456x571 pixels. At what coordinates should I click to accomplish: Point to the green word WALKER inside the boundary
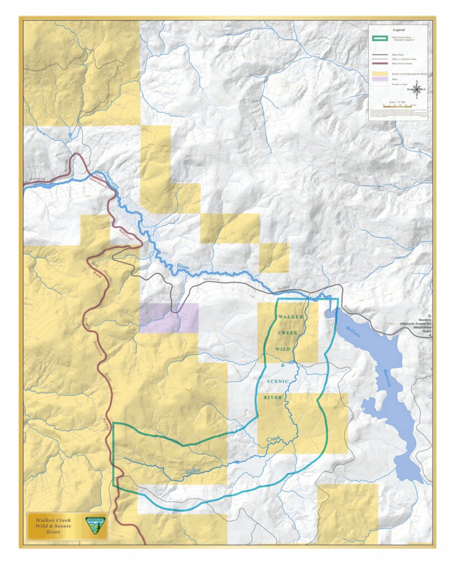point(291,316)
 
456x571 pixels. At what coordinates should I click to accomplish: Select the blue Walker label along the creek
point(193,471)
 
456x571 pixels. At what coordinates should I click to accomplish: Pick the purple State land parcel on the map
point(168,318)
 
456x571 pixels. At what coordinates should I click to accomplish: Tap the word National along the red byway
point(126,237)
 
